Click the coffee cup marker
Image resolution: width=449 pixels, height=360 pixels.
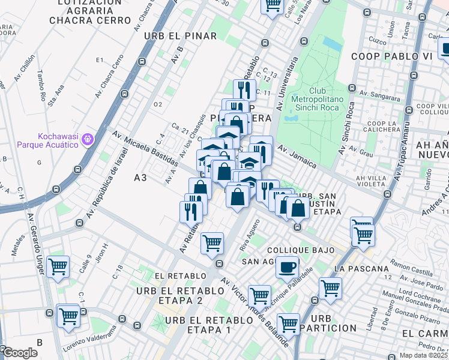click(x=288, y=266)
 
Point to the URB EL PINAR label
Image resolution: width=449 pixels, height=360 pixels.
click(x=180, y=36)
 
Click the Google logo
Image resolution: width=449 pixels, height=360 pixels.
click(x=19, y=353)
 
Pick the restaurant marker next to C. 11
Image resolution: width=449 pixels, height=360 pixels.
click(x=242, y=90)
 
